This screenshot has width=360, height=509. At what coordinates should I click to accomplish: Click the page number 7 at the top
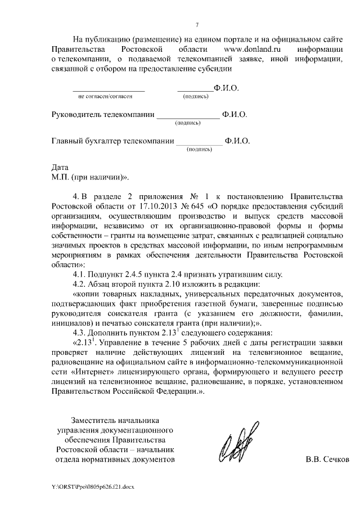coord(197,24)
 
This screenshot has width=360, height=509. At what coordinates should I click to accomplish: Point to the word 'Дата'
coord(60,168)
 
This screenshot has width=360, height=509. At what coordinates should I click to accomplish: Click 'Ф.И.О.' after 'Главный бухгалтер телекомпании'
coord(237,141)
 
